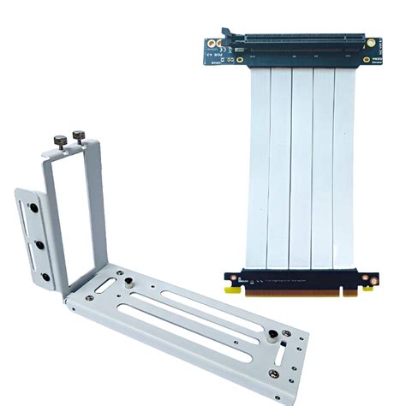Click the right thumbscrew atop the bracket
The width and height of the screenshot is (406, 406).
[x=80, y=134]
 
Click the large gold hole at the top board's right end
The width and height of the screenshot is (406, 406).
[x=371, y=42]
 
